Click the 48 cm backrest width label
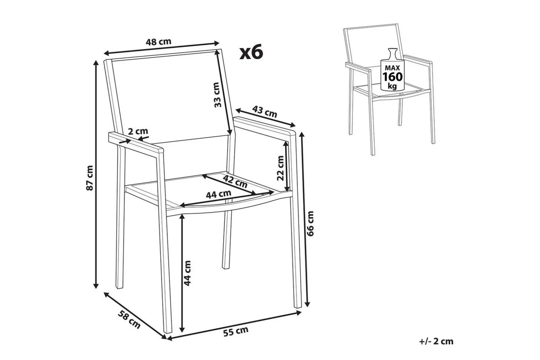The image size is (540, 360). pyautogui.click(x=159, y=42)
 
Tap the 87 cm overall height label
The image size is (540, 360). pyautogui.click(x=90, y=178)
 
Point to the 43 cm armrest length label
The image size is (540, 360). pyautogui.click(x=264, y=111)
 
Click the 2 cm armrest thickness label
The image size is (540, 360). pyautogui.click(x=138, y=131)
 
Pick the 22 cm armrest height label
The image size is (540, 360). pyautogui.click(x=280, y=168)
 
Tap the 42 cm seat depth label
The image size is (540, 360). pyautogui.click(x=235, y=182)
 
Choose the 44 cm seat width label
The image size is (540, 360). pyautogui.click(x=218, y=194)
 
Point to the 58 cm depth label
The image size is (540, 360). pyautogui.click(x=129, y=319)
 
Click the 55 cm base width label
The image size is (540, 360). pyautogui.click(x=236, y=331)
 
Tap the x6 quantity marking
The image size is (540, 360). pyautogui.click(x=251, y=53)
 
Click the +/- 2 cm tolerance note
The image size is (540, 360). pyautogui.click(x=436, y=341)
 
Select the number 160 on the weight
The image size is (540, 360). pyautogui.click(x=393, y=77)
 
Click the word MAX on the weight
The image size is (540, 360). pyautogui.click(x=393, y=68)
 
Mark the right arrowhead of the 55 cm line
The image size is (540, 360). pyautogui.click(x=298, y=313)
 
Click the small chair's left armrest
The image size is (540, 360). pyautogui.click(x=358, y=67)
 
